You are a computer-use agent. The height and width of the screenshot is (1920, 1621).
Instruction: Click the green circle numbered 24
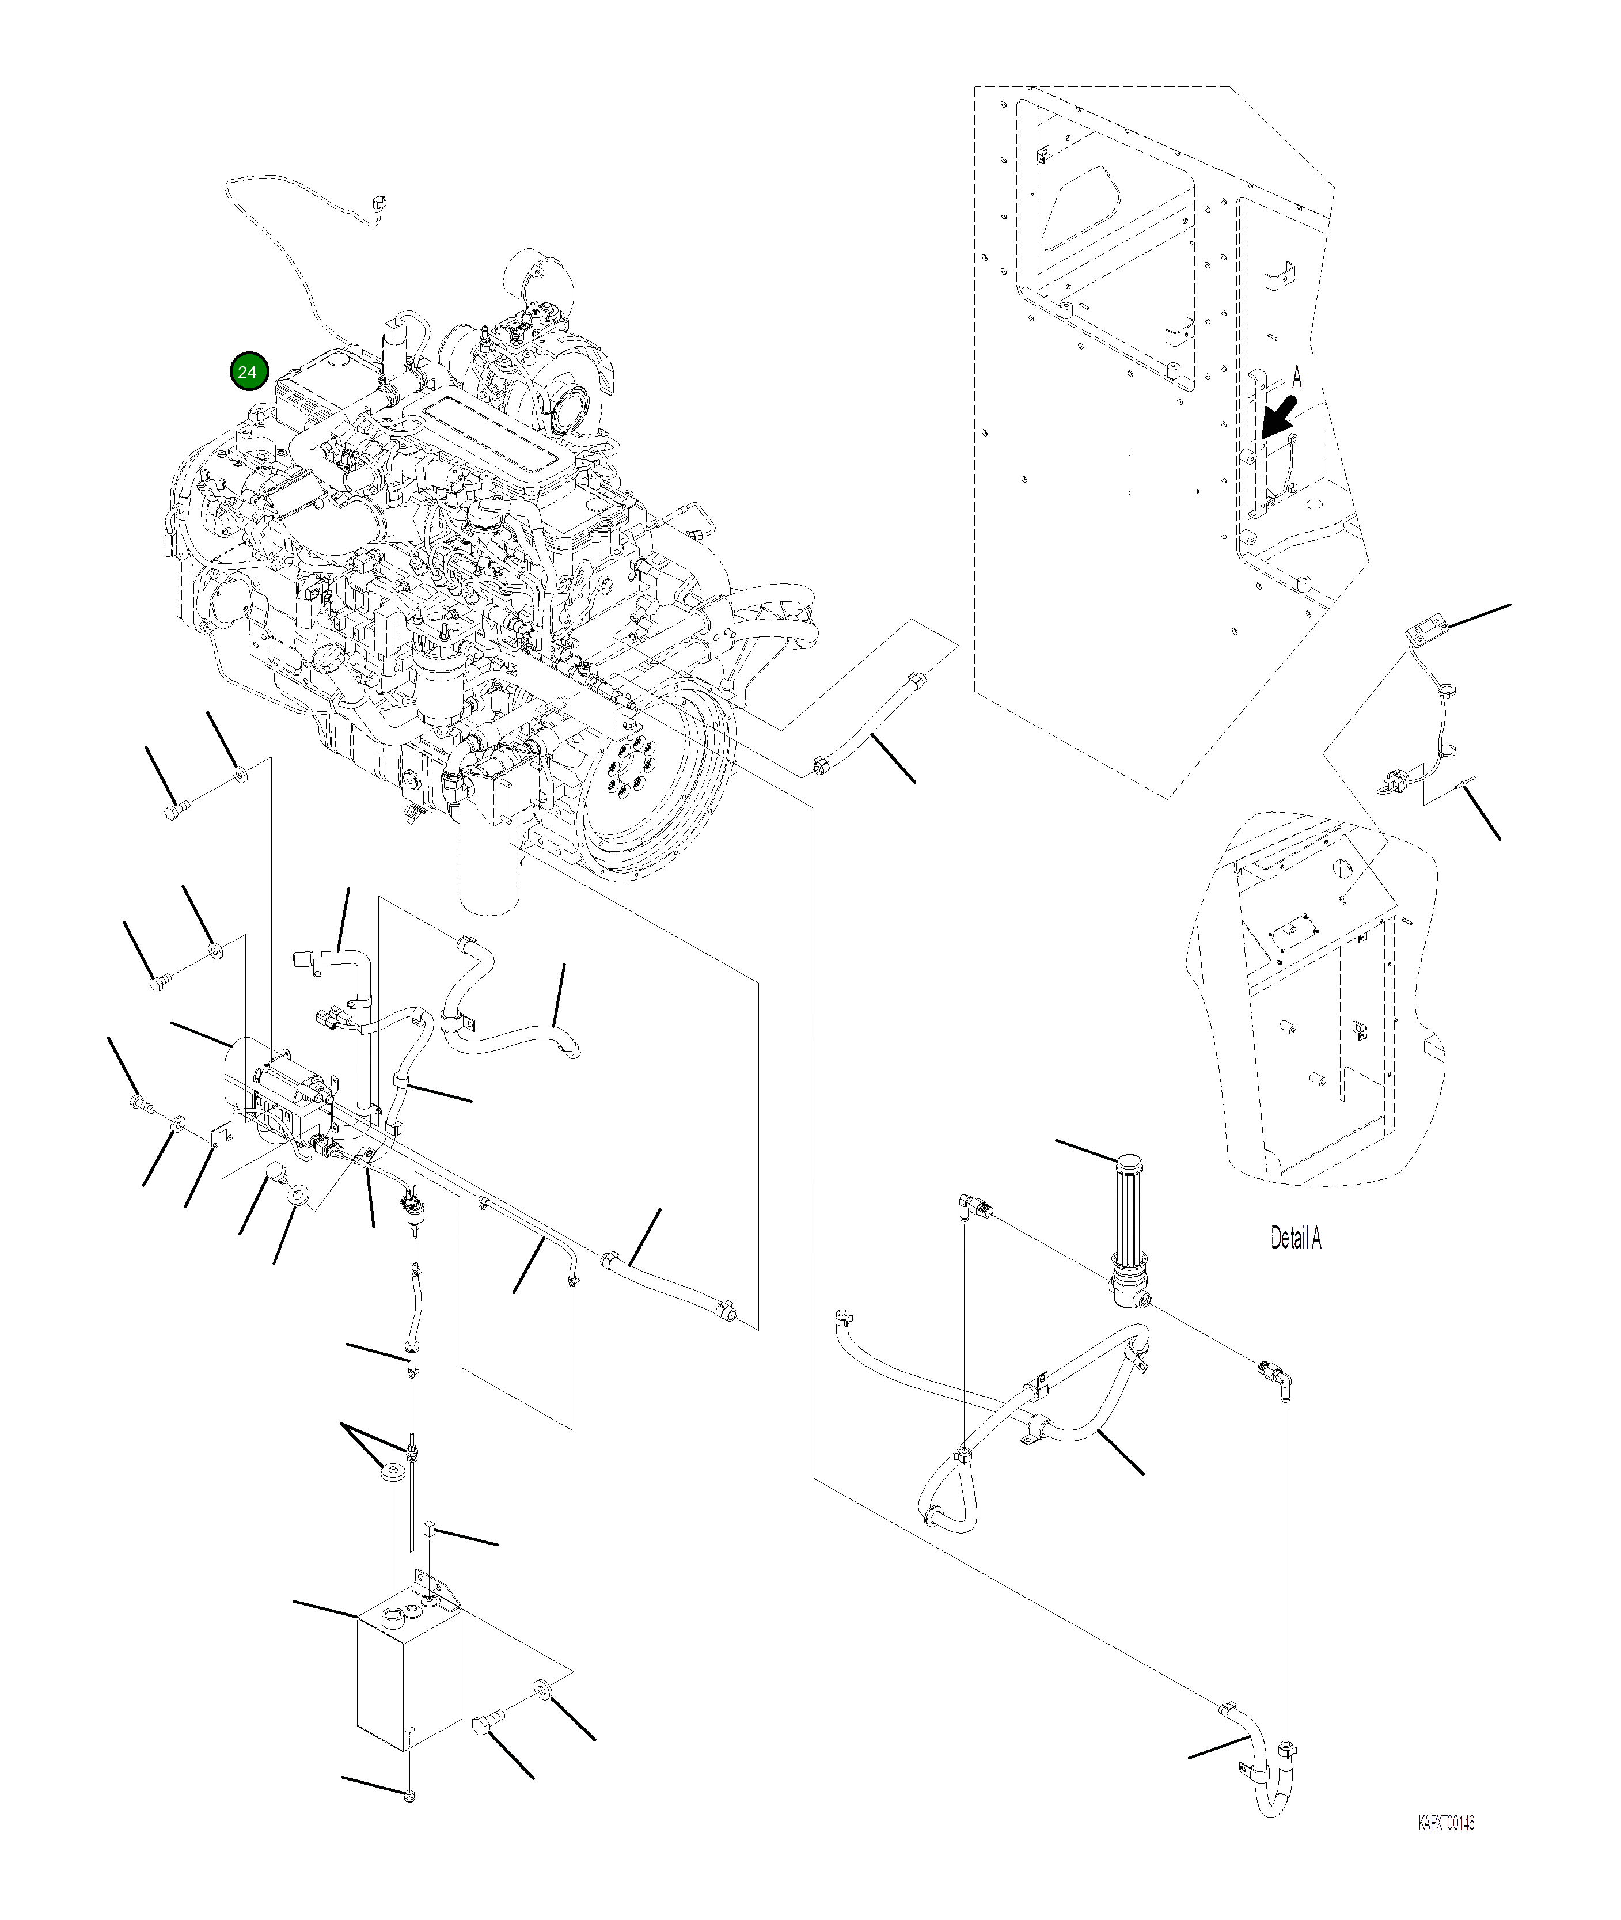tap(247, 371)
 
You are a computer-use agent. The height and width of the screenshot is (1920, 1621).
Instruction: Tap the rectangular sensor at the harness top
tap(1426, 629)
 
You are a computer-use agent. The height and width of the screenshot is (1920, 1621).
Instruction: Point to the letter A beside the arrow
tap(1297, 376)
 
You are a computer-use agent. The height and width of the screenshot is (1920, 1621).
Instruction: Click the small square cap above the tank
tap(429, 1528)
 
